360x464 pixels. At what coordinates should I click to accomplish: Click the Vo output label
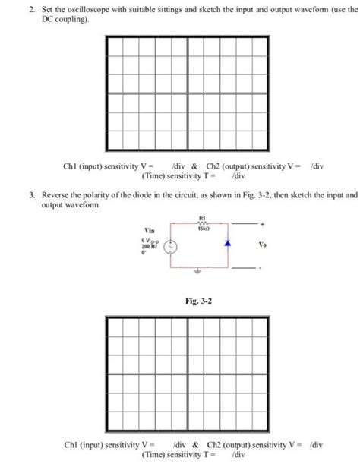[x=263, y=245]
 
